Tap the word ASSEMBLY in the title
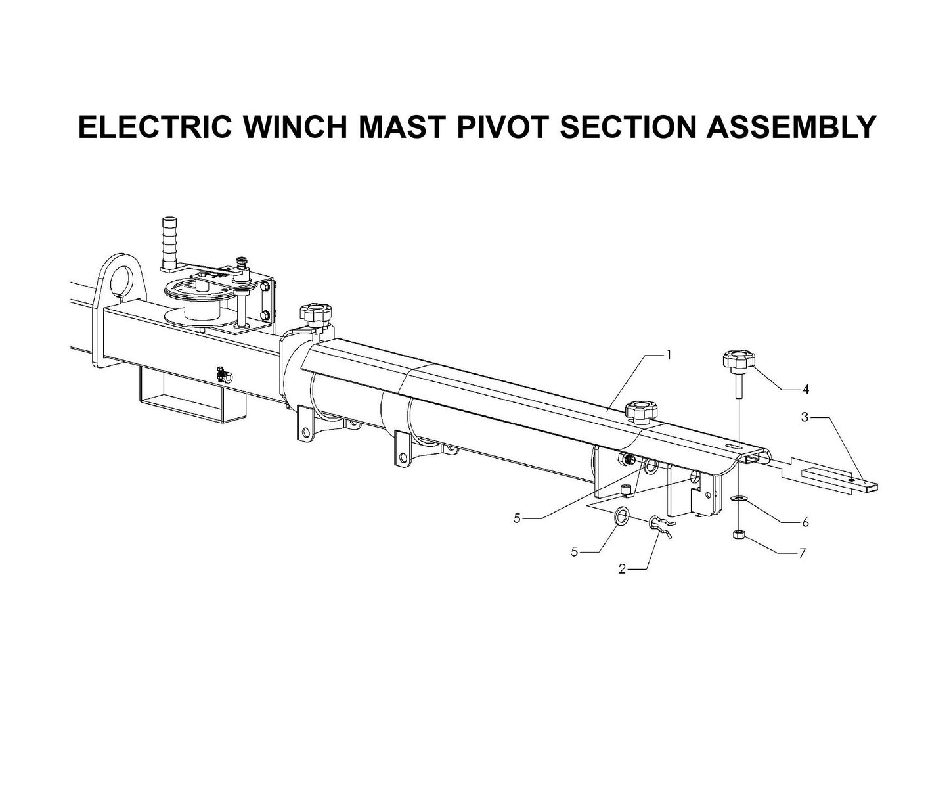click(x=791, y=127)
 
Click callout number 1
click(x=669, y=355)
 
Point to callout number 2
click(x=622, y=569)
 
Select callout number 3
click(x=805, y=417)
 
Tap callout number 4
click(x=806, y=390)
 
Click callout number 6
click(x=805, y=523)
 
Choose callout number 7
click(x=802, y=553)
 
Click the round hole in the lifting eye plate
click(x=121, y=279)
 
